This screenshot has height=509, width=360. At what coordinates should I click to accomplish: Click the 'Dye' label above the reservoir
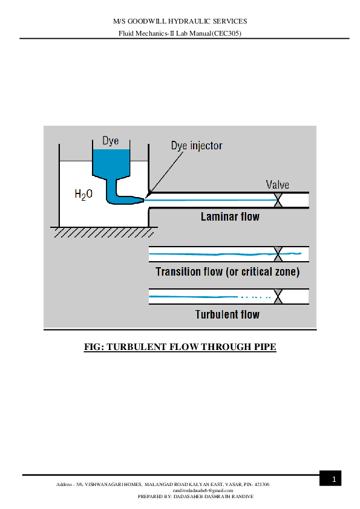click(110, 141)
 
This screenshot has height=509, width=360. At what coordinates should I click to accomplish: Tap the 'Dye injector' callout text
click(197, 146)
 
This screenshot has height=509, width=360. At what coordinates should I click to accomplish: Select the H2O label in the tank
click(83, 194)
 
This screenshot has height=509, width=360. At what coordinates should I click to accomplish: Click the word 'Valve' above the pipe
click(278, 185)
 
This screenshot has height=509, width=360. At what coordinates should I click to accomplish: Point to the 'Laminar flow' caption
click(230, 216)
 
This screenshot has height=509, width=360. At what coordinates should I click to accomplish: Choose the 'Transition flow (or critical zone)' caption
click(227, 271)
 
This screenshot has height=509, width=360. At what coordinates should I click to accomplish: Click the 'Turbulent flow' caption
click(227, 314)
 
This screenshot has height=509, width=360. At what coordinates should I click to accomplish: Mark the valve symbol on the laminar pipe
click(278, 200)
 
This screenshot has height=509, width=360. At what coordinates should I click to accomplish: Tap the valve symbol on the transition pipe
click(278, 254)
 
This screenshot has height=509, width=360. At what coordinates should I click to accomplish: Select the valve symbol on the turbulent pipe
click(278, 297)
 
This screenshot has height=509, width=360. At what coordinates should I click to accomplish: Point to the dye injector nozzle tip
click(145, 197)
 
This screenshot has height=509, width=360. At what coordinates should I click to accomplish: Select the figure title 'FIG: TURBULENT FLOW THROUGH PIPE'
click(180, 348)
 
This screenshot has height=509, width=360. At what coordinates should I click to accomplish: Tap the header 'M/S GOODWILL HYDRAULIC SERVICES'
click(180, 21)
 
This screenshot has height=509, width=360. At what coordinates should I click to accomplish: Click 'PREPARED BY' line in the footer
click(195, 496)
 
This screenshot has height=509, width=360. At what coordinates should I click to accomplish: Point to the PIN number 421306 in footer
click(262, 484)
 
